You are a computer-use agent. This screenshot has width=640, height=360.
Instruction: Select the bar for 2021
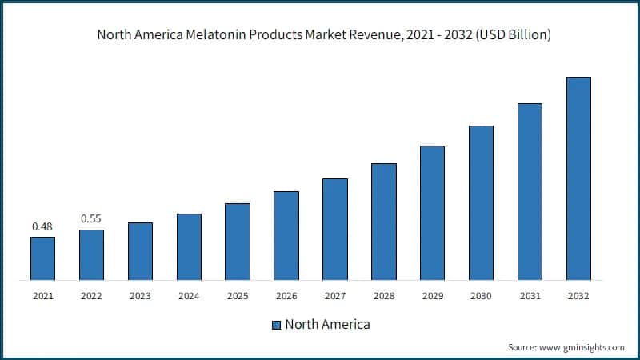[42, 258]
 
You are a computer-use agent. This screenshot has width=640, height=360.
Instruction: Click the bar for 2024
[189, 247]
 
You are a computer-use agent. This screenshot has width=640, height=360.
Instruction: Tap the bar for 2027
[334, 230]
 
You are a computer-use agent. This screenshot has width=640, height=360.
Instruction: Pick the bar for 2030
[481, 203]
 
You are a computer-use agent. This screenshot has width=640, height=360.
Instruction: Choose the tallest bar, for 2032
[578, 178]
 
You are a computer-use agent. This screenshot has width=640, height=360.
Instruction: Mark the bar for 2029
[432, 213]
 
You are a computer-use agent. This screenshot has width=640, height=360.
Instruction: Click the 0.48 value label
[42, 226]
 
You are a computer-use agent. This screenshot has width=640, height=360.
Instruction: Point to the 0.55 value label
[91, 219]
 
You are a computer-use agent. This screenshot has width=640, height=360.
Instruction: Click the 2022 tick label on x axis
[91, 296]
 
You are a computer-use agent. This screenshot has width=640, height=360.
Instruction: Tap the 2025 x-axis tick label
[238, 296]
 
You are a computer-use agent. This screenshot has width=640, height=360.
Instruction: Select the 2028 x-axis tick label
[383, 296]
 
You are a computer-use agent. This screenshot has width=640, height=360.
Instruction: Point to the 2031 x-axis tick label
[530, 296]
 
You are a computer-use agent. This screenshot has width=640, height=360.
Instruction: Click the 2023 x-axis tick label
[140, 296]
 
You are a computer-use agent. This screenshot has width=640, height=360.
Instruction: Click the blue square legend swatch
[276, 325]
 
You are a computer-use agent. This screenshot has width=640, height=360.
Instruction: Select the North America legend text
[327, 325]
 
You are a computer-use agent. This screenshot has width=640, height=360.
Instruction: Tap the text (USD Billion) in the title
[502, 35]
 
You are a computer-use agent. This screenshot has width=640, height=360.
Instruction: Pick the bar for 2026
[286, 236]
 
